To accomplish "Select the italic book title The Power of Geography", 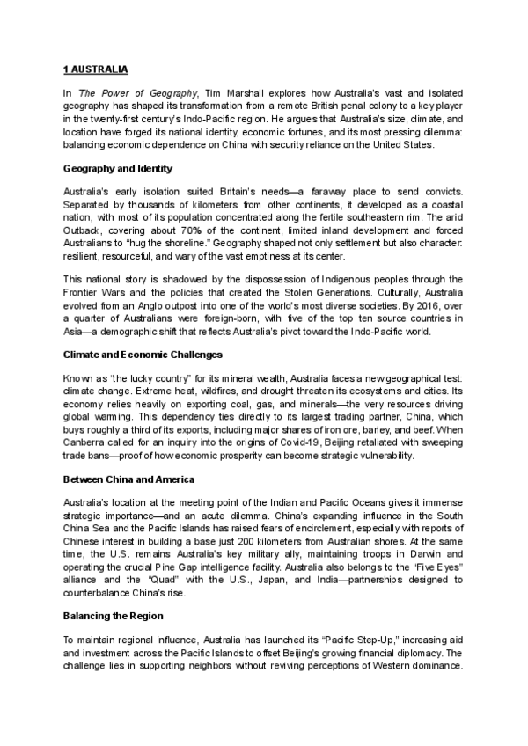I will pyautogui.click(x=134, y=92).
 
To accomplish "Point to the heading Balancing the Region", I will pyautogui.click(x=115, y=614).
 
